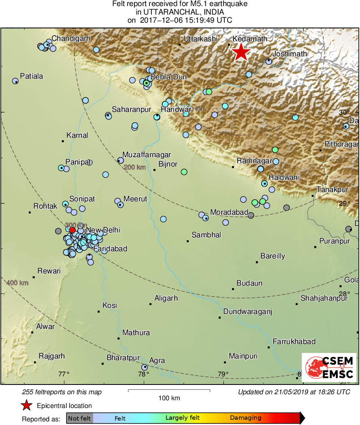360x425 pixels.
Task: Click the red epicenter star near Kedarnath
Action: (241, 52)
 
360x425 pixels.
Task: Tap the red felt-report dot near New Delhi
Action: (72, 230)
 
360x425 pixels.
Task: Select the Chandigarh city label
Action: (71, 39)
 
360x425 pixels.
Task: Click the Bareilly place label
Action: (273, 256)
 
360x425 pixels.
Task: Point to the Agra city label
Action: (157, 361)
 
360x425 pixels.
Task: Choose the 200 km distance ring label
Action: (134, 167)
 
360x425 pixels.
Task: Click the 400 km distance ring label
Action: (17, 282)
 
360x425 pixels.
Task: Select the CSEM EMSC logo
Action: (329, 367)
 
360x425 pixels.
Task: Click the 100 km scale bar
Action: (169, 391)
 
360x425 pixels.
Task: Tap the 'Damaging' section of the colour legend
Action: (245, 418)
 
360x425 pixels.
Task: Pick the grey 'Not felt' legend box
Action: (79, 418)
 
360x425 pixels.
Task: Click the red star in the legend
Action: (27, 406)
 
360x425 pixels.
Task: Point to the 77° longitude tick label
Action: (64, 374)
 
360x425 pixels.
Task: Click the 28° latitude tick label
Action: (344, 294)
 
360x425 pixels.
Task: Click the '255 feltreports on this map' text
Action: (62, 392)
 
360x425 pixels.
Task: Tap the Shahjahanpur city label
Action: (324, 299)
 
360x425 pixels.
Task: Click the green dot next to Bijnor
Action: (184, 172)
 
